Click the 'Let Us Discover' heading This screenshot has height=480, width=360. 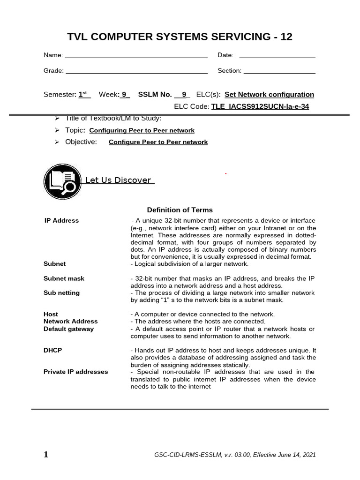(x=118, y=180)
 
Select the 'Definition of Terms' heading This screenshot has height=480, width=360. (x=180, y=210)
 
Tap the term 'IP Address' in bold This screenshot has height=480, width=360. (x=61, y=220)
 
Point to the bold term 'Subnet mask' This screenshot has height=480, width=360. (x=64, y=278)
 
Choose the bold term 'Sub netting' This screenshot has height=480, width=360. (x=61, y=293)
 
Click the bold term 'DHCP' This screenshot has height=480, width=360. (x=52, y=350)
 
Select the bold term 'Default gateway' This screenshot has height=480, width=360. (x=68, y=329)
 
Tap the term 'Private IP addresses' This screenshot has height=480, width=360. (x=75, y=372)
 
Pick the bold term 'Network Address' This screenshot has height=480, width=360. (x=70, y=322)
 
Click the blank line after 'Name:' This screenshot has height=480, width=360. (x=136, y=56)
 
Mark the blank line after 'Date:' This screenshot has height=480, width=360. (x=277, y=56)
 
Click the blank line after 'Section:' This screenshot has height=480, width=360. (x=280, y=72)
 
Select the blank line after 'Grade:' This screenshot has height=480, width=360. (x=136, y=72)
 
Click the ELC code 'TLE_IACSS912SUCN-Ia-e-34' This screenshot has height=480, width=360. (x=260, y=106)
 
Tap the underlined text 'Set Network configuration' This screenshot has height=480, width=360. (x=270, y=94)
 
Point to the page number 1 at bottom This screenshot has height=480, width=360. (x=45, y=454)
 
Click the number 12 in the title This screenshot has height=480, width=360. (x=286, y=37)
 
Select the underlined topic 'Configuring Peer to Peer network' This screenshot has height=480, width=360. (x=142, y=130)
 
